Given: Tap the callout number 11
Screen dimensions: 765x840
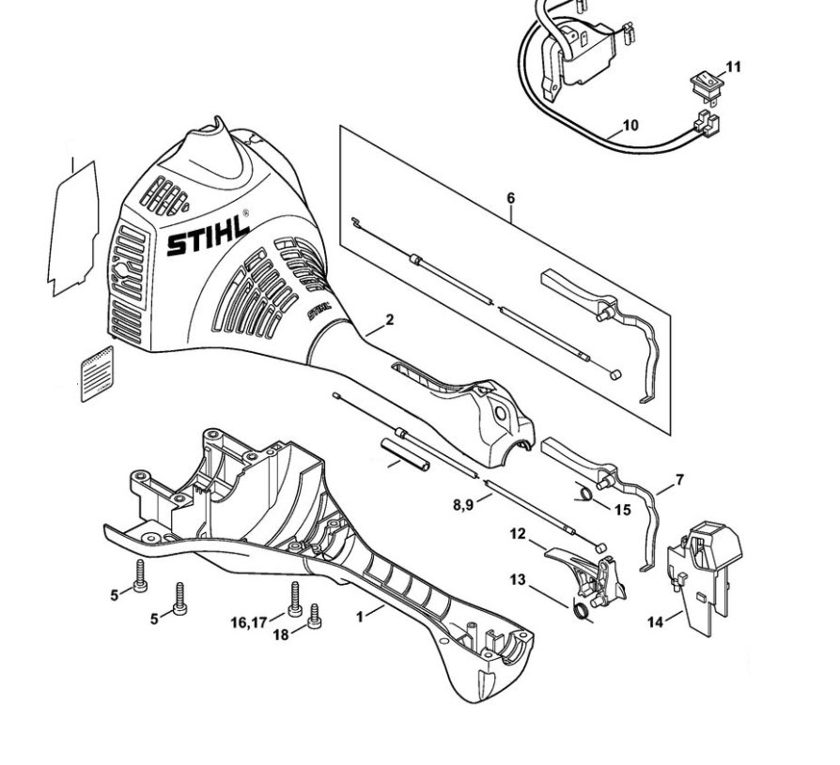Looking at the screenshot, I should click(x=734, y=67).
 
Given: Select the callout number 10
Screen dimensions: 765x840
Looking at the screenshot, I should click(x=630, y=125).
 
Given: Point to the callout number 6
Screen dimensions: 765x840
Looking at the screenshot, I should click(x=510, y=198).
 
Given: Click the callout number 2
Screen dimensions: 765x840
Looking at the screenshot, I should click(x=390, y=319).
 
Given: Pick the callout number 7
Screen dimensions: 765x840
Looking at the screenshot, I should click(x=679, y=480).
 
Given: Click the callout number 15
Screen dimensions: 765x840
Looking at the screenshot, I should click(x=622, y=510).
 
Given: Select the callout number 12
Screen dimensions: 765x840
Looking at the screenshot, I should click(x=517, y=534).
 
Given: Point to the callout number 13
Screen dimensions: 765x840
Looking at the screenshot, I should click(x=518, y=580).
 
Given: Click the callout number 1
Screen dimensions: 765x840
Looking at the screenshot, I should click(x=358, y=617).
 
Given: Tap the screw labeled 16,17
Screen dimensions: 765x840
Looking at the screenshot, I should click(x=295, y=599).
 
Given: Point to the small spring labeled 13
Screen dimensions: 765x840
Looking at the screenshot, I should click(x=582, y=613).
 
